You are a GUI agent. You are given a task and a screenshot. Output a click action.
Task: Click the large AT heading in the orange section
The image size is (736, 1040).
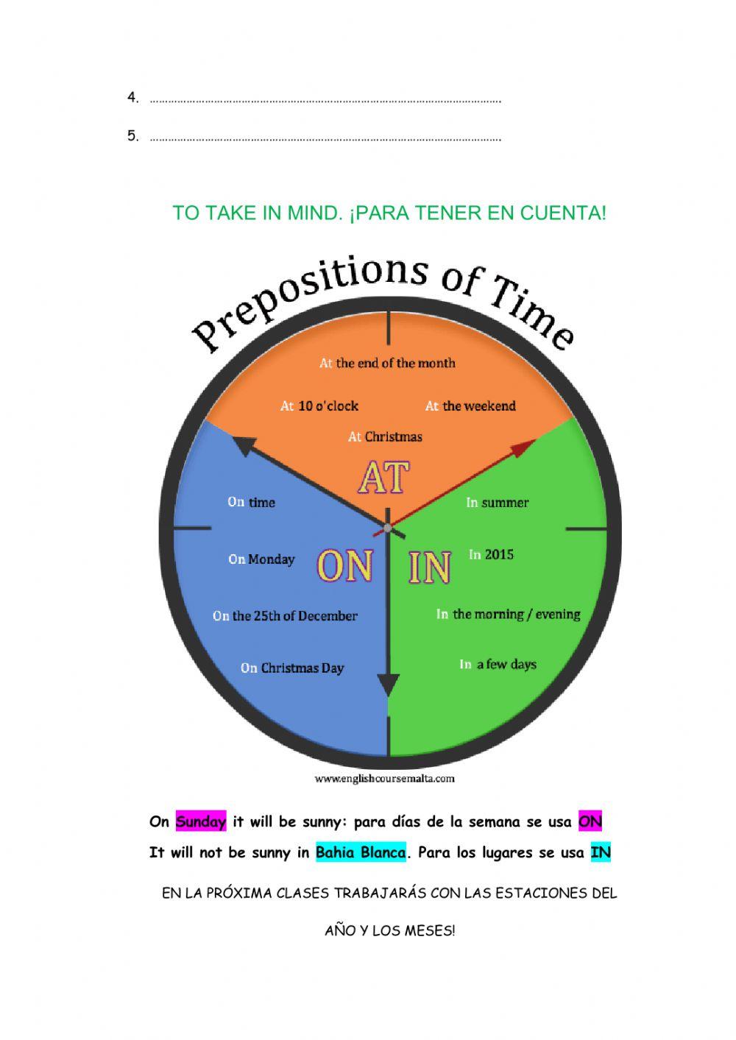(x=383, y=477)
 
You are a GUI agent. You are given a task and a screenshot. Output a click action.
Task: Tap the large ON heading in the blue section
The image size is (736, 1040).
(x=344, y=565)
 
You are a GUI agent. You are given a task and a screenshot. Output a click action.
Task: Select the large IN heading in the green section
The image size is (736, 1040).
(x=430, y=567)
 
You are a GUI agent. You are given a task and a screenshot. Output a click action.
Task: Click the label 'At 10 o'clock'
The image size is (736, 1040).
(x=319, y=406)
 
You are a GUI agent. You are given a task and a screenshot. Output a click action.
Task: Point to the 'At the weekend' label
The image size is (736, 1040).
(x=470, y=406)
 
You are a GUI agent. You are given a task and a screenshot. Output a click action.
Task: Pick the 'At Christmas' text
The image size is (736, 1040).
(x=385, y=436)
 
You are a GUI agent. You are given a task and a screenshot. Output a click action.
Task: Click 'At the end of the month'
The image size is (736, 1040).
(x=387, y=363)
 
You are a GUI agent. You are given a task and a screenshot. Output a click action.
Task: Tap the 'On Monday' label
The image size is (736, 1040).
(x=261, y=559)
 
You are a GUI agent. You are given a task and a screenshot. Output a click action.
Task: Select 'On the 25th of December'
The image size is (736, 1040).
(x=285, y=615)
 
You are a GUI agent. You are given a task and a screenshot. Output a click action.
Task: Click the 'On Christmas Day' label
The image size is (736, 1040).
(x=292, y=668)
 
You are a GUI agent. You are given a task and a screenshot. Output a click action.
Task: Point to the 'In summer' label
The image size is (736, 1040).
(x=498, y=503)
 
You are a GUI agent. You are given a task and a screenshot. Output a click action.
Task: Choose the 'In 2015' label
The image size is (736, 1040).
(x=492, y=554)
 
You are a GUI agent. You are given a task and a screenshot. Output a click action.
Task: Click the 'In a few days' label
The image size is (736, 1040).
(x=498, y=665)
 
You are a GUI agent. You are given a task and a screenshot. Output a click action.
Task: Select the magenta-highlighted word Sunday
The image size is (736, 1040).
(x=201, y=822)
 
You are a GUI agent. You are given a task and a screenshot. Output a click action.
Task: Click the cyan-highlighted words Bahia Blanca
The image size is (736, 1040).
(x=361, y=853)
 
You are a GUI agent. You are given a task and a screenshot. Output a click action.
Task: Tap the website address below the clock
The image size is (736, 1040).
(x=384, y=779)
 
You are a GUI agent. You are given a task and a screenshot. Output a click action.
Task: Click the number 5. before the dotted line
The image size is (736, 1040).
(x=133, y=135)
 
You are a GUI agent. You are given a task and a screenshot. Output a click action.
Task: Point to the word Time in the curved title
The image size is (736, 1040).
(x=533, y=313)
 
